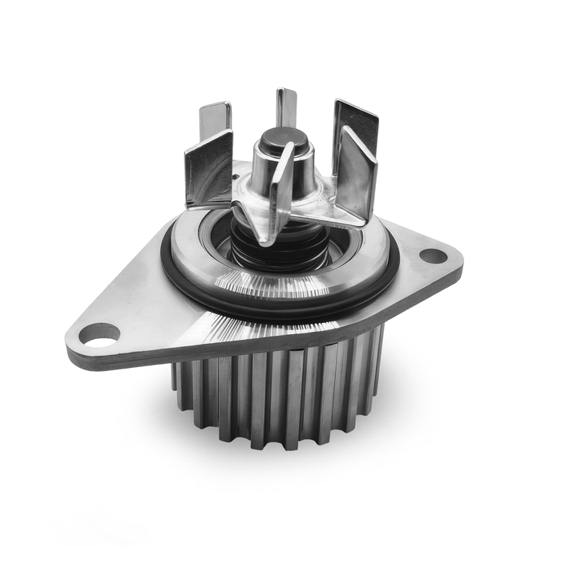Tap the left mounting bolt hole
pyautogui.click(x=99, y=333)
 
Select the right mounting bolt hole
pyautogui.click(x=433, y=256)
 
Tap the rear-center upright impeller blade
pyautogui.click(x=286, y=108)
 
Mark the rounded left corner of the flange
pyautogui.click(x=76, y=341)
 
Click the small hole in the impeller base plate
pyautogui.click(x=238, y=171)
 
